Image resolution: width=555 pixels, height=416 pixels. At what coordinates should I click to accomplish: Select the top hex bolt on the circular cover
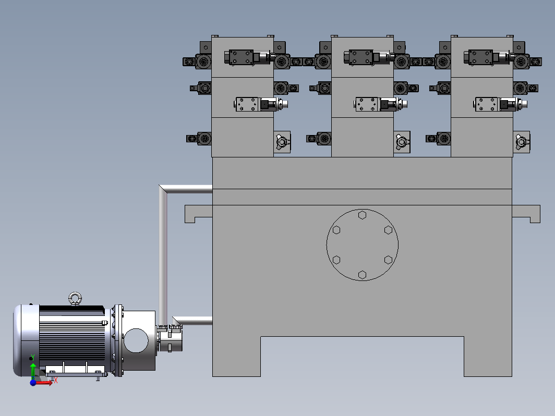pyautogui.click(x=362, y=215)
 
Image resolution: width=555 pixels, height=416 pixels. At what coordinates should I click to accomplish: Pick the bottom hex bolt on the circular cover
pyautogui.click(x=362, y=275)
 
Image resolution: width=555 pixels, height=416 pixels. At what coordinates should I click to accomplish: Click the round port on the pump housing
pyautogui.click(x=136, y=340)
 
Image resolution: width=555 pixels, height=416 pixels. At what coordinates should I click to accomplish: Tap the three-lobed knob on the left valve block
pyautogui.click(x=282, y=142)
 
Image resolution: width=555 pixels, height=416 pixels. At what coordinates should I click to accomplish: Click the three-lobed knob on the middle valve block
pyautogui.click(x=402, y=142)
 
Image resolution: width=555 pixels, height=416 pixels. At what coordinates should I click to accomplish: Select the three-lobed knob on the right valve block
pyautogui.click(x=522, y=142)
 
